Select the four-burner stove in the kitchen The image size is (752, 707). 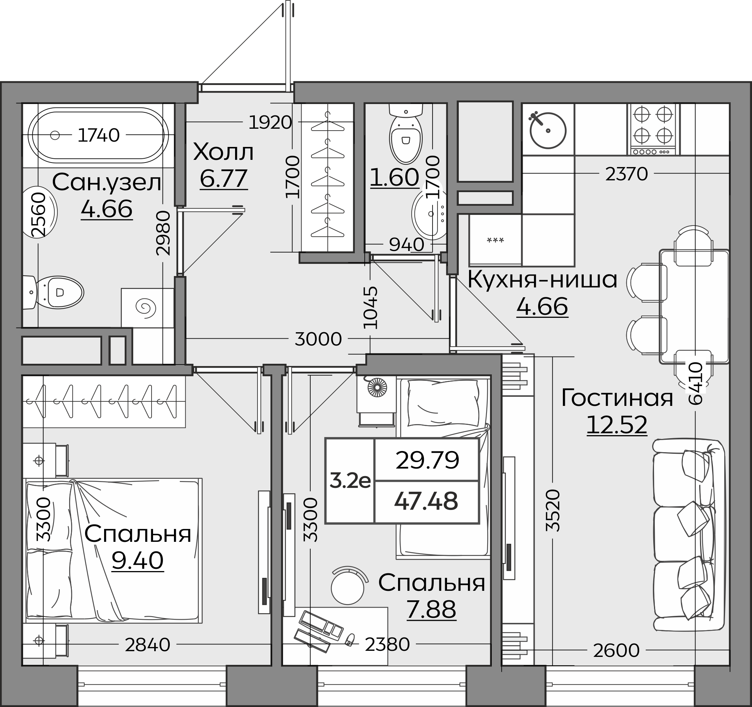coord(654,129)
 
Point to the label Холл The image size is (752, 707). coord(223,152)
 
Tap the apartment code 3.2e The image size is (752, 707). coord(350,481)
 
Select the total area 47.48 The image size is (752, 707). coord(426,501)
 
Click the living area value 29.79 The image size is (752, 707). coord(427,460)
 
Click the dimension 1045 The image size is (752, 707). coord(371,308)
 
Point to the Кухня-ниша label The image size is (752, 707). coord(542,280)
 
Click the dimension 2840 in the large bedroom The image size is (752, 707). coord(147,645)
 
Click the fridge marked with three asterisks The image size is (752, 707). coord(495,240)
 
